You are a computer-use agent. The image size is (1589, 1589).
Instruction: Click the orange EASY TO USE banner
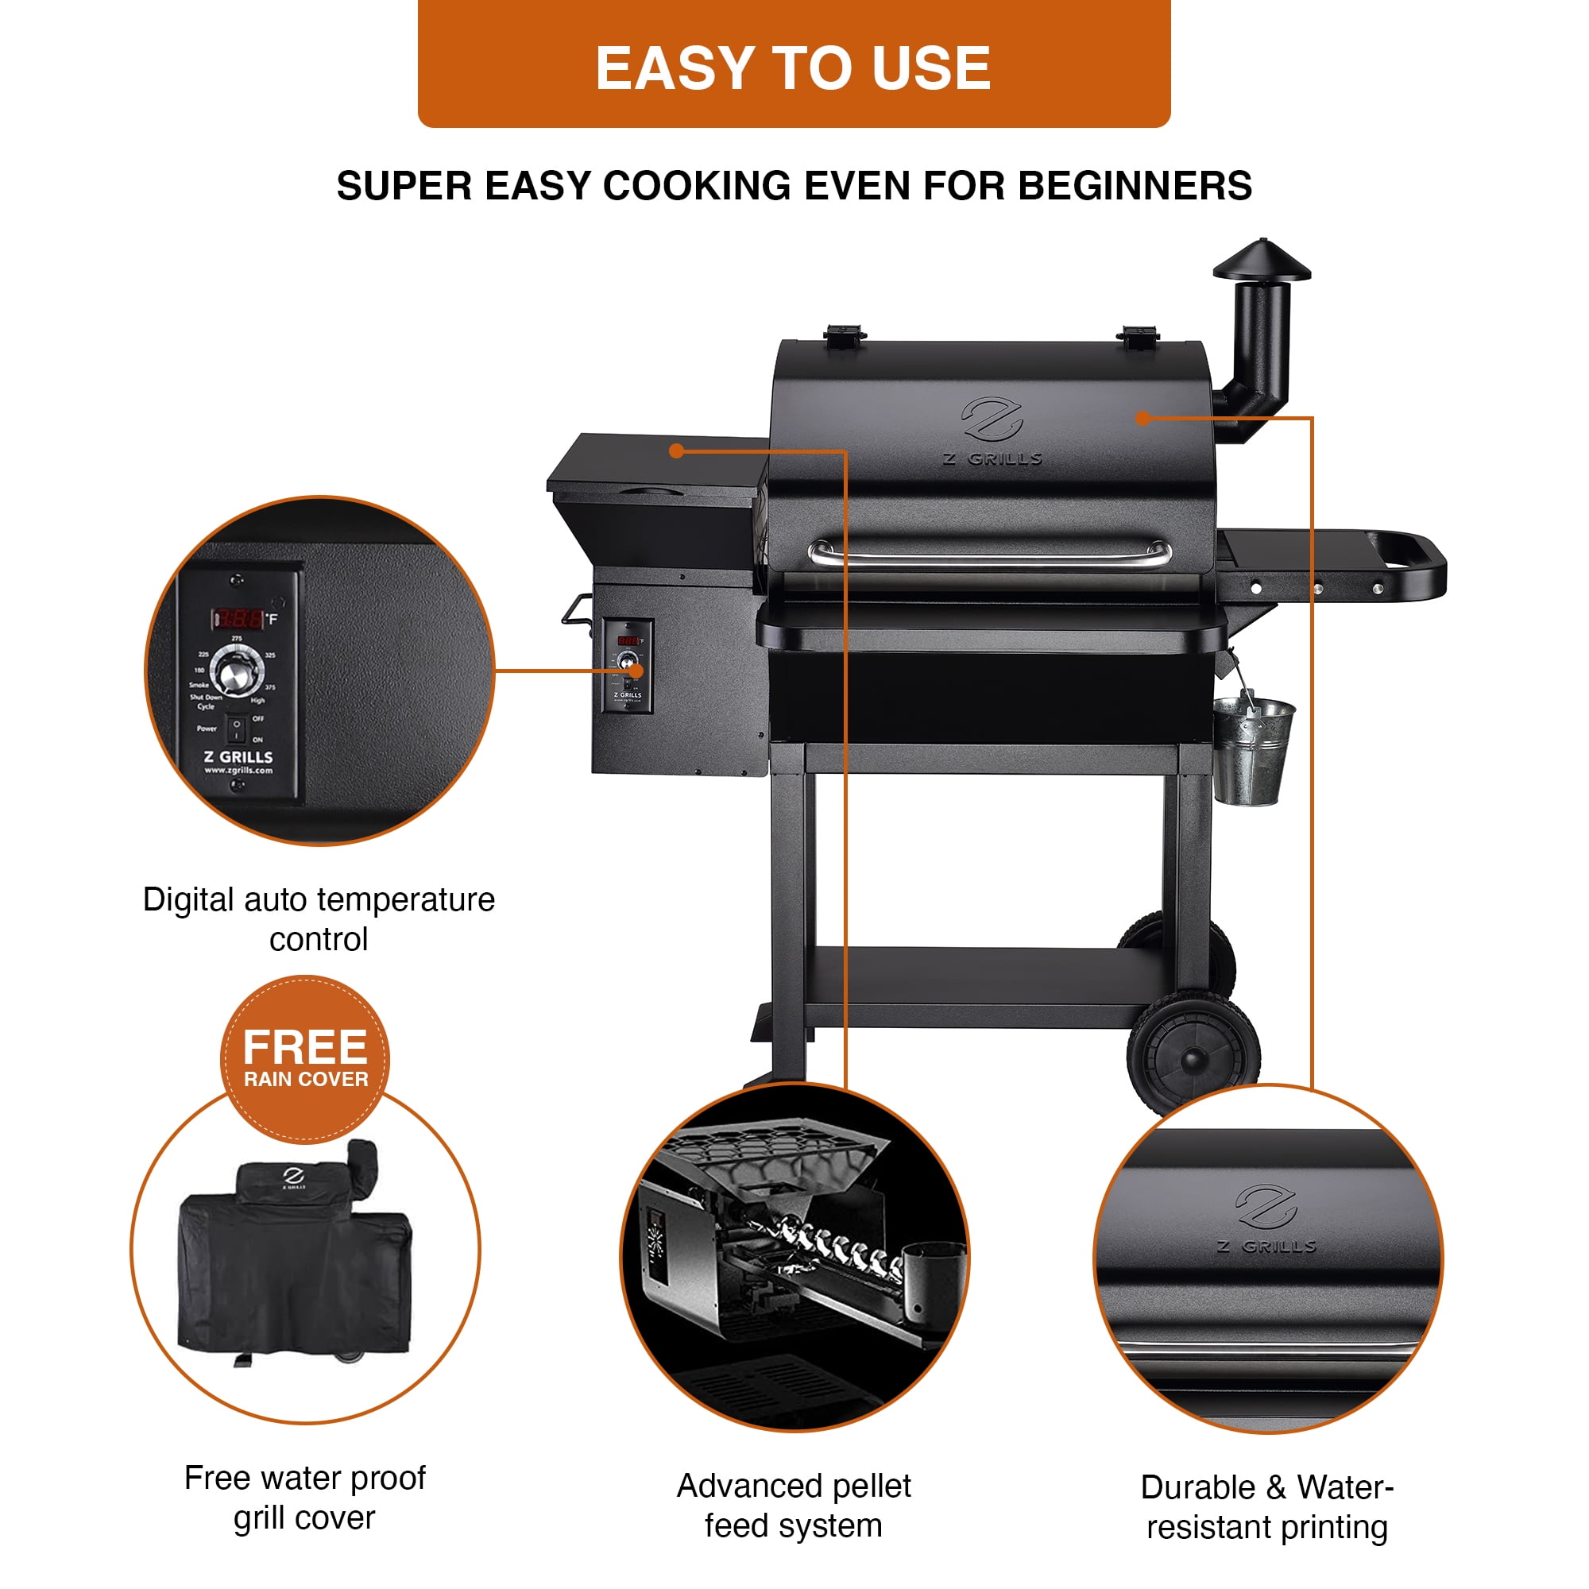794,66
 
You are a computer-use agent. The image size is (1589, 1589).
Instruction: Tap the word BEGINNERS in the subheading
1135,186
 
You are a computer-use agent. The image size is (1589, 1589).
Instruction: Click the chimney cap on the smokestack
1262,261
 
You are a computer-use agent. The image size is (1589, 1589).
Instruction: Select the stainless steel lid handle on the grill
990,555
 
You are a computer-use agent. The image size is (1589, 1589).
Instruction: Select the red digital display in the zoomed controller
239,618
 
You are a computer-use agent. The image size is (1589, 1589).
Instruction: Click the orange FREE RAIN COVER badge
305,1058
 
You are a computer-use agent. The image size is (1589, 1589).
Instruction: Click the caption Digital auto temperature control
319,918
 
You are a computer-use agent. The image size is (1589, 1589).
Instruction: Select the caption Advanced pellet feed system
794,1505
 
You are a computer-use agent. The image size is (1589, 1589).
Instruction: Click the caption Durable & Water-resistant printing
1267,1506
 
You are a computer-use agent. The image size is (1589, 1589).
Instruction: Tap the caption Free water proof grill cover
305,1497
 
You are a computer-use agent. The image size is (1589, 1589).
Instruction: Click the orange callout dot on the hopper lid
676,450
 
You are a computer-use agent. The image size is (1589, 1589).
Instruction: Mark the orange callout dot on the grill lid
1142,418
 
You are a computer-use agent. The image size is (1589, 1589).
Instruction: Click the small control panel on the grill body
628,664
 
